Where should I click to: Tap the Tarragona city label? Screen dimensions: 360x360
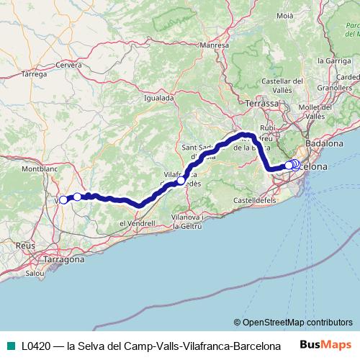pos(66,258)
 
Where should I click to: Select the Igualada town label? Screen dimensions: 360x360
pos(159,97)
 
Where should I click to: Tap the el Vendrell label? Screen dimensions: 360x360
pos(137,224)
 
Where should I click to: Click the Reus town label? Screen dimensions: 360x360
pos(25,246)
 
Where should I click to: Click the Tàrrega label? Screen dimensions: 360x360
pos(34,73)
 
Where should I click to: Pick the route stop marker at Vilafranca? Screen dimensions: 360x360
pos(181,181)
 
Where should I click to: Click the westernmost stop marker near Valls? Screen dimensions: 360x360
pos(63,200)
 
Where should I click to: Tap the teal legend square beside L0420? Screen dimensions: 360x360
pos(9,345)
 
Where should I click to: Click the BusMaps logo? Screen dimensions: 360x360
pos(323,345)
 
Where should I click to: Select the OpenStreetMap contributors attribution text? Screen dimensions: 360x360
pos(297,322)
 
